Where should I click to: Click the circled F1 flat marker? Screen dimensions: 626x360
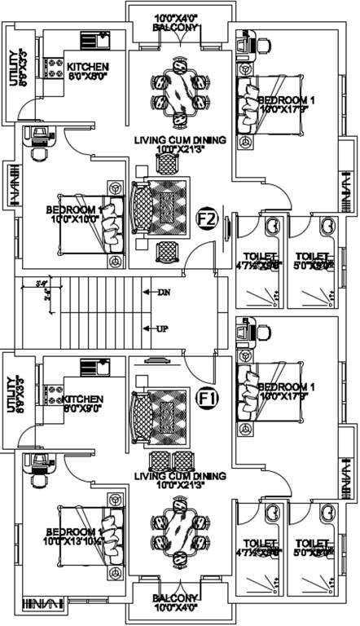coord(208,399)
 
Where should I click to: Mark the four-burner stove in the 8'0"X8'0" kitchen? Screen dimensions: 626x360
coord(55,69)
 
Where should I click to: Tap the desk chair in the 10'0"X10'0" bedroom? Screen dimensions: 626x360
coord(38,154)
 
